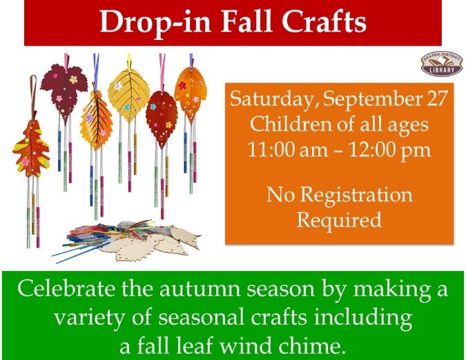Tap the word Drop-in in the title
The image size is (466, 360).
155,23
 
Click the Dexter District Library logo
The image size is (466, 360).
442,64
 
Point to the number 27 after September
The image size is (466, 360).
437,98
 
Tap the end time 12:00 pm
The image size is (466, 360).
389,150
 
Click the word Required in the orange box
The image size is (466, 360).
339,220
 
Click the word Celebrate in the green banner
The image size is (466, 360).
66,288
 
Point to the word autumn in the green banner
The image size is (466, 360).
200,290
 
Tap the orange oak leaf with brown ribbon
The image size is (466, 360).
32,148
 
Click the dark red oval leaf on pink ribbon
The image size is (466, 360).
162,117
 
